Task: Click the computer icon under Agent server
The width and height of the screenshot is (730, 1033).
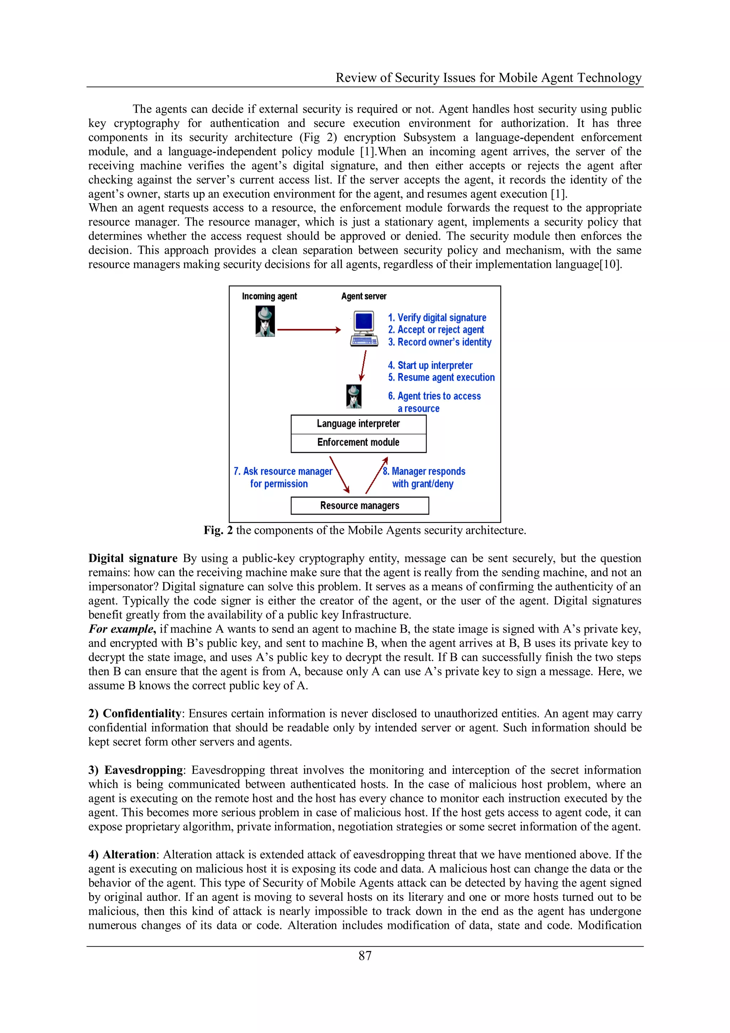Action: (x=364, y=328)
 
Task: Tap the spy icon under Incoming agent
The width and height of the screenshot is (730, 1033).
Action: (x=265, y=321)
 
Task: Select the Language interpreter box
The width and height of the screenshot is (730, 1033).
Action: (x=359, y=424)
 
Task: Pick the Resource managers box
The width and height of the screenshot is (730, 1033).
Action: (x=359, y=506)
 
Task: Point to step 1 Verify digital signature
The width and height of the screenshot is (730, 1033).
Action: (x=437, y=318)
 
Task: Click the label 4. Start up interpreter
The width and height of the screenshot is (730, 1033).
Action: (x=430, y=365)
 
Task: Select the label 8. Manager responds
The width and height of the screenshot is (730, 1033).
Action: (x=424, y=471)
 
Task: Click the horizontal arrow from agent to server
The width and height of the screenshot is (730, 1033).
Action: (x=309, y=330)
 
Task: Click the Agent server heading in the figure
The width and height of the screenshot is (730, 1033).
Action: (x=364, y=296)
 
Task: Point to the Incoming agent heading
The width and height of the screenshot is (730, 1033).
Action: (x=269, y=296)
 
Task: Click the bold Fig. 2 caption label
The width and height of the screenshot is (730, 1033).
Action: (x=218, y=531)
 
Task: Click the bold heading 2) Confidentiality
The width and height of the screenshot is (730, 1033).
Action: (x=135, y=714)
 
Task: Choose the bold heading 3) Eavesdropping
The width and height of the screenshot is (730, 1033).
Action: (x=135, y=770)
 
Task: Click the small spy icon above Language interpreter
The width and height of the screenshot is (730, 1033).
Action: (x=354, y=397)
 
